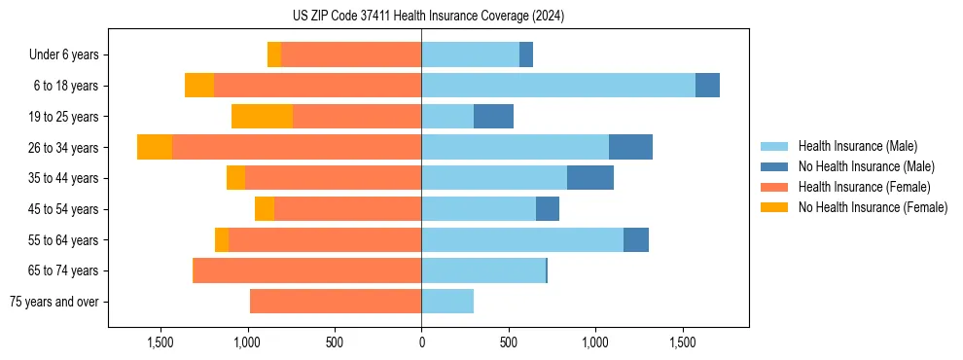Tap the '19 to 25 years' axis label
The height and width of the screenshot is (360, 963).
coord(64,117)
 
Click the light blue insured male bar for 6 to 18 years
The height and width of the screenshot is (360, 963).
coord(558,86)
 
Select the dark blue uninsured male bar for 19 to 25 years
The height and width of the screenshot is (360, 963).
coord(493,117)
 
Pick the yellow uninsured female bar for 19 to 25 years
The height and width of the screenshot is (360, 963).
coord(262,117)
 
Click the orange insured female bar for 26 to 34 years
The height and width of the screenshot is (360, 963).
coord(297,147)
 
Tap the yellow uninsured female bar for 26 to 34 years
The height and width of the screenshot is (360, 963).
coord(155,147)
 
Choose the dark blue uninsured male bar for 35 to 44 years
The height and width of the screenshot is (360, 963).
coord(590,178)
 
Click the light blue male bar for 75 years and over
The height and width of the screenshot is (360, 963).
coord(447,302)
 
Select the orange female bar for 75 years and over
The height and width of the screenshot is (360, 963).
coord(336,302)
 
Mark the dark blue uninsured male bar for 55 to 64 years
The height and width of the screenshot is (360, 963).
coord(636,239)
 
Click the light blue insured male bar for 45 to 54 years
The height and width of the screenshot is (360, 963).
coord(479,209)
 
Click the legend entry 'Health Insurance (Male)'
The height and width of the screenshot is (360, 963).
coord(857,146)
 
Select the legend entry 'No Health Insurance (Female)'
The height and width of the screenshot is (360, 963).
coord(873,207)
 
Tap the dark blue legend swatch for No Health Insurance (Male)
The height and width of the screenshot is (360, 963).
coord(774,166)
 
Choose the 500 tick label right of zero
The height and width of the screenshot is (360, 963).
coord(509,342)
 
